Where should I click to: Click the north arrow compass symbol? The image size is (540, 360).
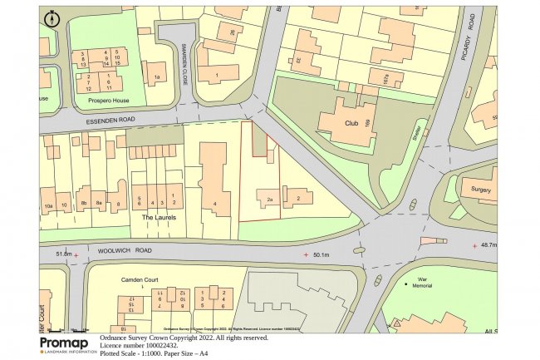[x=52, y=17]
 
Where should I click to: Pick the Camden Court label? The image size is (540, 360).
[x=139, y=280]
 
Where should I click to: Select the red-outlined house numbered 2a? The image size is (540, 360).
[x=269, y=200]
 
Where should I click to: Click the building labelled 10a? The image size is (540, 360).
[x=48, y=203]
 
